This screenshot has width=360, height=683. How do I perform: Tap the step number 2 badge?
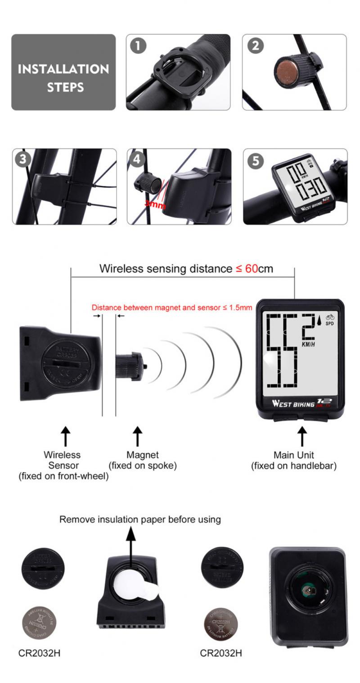click(x=256, y=46)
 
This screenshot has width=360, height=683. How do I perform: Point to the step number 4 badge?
click(x=138, y=160)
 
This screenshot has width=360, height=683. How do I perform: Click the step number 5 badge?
click(x=256, y=161)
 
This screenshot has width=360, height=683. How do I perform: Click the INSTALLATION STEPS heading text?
click(x=63, y=77)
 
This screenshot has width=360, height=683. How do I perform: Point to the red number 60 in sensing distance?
click(x=252, y=269)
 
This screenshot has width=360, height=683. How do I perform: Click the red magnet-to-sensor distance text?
click(x=172, y=308)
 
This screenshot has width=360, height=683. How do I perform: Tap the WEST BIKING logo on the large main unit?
click(x=293, y=403)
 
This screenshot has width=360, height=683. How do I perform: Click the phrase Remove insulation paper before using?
click(x=140, y=520)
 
